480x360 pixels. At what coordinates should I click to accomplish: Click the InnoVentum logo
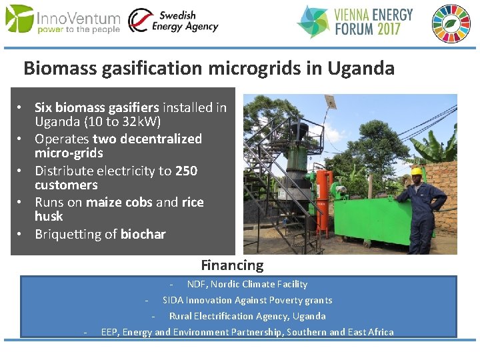click(x=63, y=20)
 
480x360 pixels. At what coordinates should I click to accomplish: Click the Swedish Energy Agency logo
click(x=173, y=21)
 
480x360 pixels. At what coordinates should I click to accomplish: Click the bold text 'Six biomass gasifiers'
click(x=97, y=107)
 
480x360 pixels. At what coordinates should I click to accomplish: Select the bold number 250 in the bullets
click(x=186, y=171)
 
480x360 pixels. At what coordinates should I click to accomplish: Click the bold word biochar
click(x=143, y=234)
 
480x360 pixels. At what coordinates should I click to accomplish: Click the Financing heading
click(x=232, y=265)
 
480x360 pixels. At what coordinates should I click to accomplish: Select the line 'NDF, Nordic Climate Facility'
click(x=247, y=284)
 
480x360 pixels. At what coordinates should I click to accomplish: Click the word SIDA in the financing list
click(x=173, y=300)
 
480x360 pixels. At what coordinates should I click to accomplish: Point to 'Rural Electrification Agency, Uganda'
click(x=247, y=316)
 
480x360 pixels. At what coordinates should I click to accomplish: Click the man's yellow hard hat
click(x=417, y=171)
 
